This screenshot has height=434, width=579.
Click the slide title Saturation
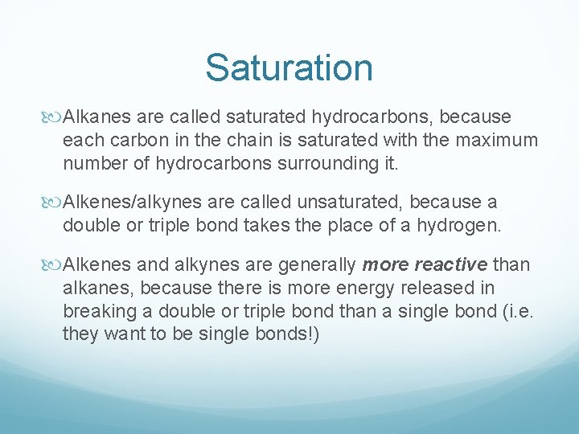[x=289, y=68]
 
